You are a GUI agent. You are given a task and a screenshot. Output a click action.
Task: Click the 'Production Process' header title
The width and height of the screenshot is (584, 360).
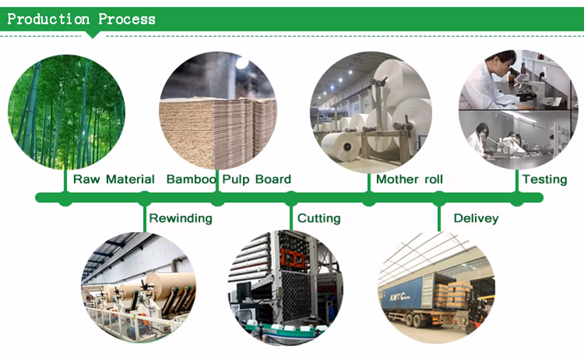81,19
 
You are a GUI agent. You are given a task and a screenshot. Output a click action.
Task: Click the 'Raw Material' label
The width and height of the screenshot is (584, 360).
114,179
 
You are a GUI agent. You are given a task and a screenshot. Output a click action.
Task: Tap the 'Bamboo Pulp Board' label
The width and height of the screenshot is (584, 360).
229,179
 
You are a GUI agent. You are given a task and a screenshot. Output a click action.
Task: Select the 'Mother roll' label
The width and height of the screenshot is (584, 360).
409,179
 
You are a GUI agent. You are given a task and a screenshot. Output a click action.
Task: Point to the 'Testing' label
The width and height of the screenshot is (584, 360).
544,179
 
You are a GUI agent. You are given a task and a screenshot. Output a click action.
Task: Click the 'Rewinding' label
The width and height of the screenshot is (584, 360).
180,218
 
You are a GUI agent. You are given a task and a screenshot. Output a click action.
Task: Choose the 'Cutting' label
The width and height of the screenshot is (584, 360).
319,218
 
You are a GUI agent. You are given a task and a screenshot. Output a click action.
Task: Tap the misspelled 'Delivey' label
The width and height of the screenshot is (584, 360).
476,218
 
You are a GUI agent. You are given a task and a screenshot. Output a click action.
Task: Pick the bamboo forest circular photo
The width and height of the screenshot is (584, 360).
67,112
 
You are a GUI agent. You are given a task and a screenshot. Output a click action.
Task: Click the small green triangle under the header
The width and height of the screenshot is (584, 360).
92,34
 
